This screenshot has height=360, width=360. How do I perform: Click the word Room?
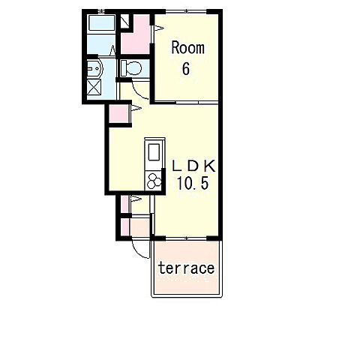[x=187, y=48]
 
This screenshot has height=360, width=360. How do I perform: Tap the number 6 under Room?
[x=186, y=68]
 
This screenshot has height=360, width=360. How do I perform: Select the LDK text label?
[x=193, y=166]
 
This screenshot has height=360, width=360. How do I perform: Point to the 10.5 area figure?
[x=193, y=183]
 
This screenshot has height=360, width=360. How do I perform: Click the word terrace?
[x=187, y=268]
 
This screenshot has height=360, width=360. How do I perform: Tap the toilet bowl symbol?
[x=131, y=68]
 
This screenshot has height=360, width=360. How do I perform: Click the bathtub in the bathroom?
[x=101, y=23]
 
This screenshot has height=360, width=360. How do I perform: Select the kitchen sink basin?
[x=154, y=152]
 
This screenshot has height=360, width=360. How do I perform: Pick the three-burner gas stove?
[x=154, y=181]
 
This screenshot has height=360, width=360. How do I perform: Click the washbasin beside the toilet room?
[x=95, y=68]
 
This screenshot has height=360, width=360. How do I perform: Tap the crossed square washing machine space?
[x=94, y=87]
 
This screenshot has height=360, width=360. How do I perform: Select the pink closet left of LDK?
[x=118, y=114]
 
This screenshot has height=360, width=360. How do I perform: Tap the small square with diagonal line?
[x=125, y=21]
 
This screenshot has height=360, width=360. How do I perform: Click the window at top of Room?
[x=186, y=11]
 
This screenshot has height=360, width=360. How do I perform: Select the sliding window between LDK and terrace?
[x=186, y=238]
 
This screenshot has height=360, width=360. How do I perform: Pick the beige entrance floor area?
[x=140, y=227]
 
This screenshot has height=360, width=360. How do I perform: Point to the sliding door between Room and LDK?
[x=186, y=102]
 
